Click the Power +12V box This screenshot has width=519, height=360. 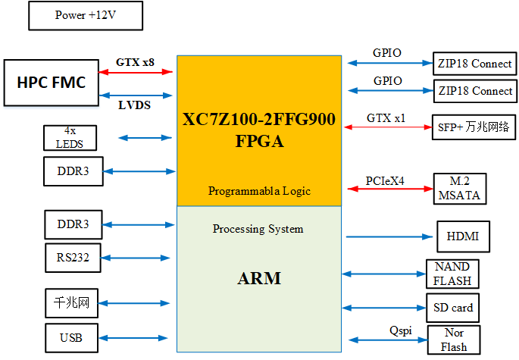86,15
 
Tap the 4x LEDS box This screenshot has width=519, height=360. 70,137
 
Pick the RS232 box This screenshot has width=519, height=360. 73,258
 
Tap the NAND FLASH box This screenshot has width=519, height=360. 452,274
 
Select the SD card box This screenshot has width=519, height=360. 452,308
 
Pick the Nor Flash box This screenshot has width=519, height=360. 455,340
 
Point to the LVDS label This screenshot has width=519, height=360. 134,105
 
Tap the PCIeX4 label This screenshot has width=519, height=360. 386,181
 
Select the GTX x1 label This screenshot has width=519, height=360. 386,118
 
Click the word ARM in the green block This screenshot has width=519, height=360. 258,278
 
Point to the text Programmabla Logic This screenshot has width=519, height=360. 259,191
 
